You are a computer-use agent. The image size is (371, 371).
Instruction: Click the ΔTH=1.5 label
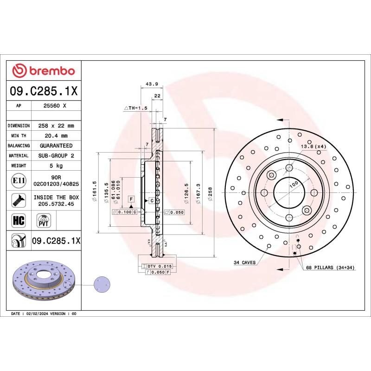(135, 108)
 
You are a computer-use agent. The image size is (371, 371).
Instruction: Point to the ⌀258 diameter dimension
(210, 192)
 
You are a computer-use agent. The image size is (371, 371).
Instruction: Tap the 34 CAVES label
(244, 262)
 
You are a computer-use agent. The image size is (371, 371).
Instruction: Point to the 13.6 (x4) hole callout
(314, 147)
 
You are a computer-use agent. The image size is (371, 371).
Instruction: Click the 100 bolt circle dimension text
(293, 184)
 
